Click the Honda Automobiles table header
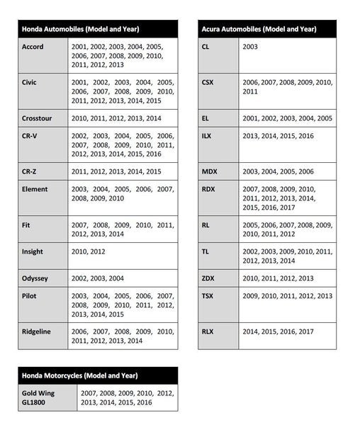pyautogui.click(x=80, y=29)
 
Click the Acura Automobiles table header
pyautogui.click(x=258, y=29)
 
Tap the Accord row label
pyautogui.click(x=33, y=47)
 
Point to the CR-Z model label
pyautogui.click(x=33, y=171)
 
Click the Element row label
pyautogui.click(x=35, y=189)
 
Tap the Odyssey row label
pyautogui.click(x=36, y=278)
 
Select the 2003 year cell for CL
pyautogui.click(x=250, y=47)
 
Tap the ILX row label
pyautogui.click(x=206, y=135)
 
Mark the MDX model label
pyautogui.click(x=209, y=171)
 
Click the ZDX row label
pyautogui.click(x=208, y=278)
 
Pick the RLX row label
pyautogui.click(x=208, y=331)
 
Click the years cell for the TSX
pyautogui.click(x=287, y=296)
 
